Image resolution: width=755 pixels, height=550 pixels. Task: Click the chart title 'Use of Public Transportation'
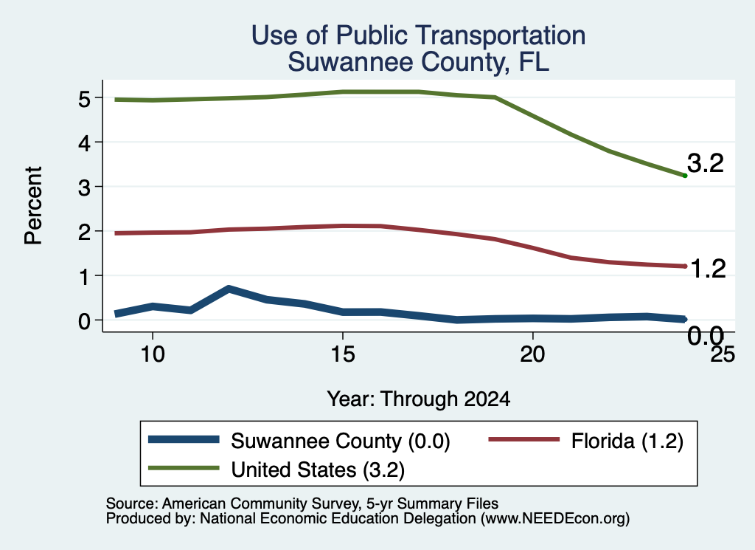[419, 35]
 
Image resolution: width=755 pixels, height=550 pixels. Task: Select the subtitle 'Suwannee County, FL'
[419, 62]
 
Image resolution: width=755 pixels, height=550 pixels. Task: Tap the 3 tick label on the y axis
[84, 187]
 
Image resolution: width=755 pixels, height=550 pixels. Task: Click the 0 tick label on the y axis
[84, 320]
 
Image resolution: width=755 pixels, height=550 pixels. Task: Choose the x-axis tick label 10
[153, 355]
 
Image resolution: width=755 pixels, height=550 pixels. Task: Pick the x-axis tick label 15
[343, 355]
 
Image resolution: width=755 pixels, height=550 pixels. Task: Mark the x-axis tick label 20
[532, 355]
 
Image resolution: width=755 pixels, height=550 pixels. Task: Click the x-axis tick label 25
[723, 355]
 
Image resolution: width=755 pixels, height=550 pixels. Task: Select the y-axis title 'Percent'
[33, 206]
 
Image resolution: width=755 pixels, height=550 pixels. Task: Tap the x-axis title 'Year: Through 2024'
[419, 399]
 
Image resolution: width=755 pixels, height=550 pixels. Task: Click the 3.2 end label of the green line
[706, 163]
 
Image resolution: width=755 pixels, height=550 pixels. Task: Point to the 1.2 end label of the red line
[707, 269]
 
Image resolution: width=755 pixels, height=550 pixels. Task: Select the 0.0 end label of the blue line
[706, 335]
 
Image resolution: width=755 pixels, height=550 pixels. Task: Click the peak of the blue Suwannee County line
[229, 289]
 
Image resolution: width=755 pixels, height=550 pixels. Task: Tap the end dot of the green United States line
[685, 176]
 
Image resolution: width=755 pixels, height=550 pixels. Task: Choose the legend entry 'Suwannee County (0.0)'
[299, 441]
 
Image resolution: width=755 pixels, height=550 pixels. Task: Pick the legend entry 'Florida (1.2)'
[586, 441]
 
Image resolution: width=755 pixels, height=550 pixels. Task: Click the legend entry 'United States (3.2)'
[276, 470]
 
